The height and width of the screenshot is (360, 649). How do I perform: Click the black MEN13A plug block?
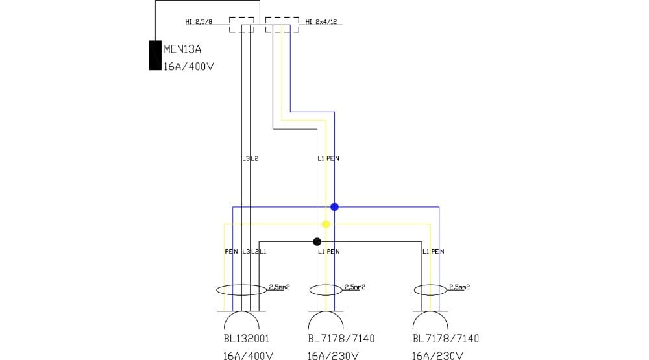coord(154,55)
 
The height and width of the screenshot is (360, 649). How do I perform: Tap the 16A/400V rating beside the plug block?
coord(188,66)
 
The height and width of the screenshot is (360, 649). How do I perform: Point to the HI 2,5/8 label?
coord(199,22)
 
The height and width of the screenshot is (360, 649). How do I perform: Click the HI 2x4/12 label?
coord(321,22)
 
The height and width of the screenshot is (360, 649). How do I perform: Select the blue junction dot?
coord(334,207)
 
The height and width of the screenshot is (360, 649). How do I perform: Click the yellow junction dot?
coord(326,224)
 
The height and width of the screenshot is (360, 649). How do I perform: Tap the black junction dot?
coord(317,242)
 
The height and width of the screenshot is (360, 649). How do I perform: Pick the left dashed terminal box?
coord(241,25)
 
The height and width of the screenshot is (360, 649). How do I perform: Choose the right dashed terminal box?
coord(282,25)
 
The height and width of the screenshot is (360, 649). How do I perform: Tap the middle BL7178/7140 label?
coord(341,339)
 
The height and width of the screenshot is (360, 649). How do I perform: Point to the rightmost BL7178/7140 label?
coord(446,339)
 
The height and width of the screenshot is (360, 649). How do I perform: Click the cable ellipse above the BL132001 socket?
coord(242,290)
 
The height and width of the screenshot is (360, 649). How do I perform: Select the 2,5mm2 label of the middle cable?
coord(354,286)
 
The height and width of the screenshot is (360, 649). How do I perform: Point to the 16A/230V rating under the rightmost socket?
coord(437,355)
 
